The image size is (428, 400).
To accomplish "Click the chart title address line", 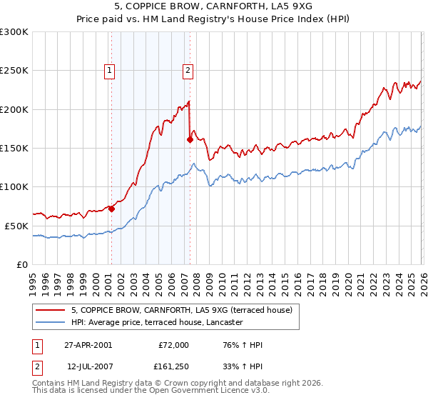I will coord(214,7).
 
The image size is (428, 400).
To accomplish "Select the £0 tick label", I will coord(23,264).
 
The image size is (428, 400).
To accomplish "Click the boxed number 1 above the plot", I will coord(110,70).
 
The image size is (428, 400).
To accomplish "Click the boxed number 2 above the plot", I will coord(187,70).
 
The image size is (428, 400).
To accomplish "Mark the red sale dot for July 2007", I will coord(190,140).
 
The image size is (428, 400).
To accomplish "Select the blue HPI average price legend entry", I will coord(157,323).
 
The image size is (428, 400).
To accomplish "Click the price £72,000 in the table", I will coord(173,345).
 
